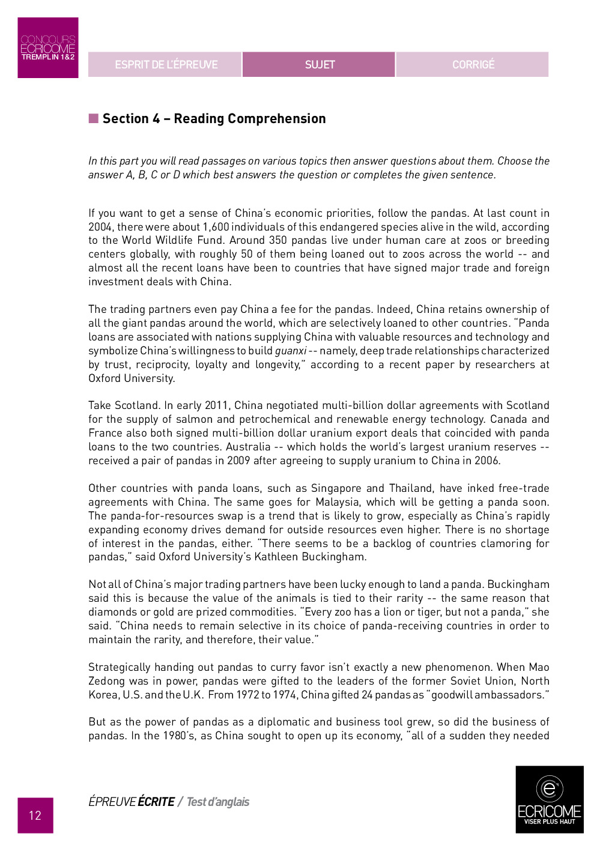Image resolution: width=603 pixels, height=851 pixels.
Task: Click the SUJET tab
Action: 319,64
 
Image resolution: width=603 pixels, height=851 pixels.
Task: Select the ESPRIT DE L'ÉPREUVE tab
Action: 166,64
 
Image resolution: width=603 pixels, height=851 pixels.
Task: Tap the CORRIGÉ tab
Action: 473,64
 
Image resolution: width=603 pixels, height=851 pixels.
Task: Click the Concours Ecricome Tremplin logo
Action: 48,47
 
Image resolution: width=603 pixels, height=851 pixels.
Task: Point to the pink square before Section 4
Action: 94,118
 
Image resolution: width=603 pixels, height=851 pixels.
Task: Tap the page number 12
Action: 35,815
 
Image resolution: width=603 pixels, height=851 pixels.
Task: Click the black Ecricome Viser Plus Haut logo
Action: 549,799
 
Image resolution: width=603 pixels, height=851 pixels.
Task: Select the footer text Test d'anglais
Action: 217,802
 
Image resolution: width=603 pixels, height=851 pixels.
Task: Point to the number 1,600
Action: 216,227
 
